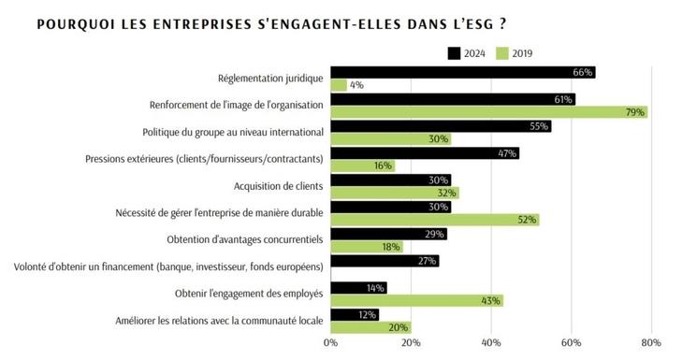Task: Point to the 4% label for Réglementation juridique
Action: [x=356, y=85]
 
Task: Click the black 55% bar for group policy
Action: [x=441, y=126]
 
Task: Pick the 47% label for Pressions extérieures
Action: [x=506, y=152]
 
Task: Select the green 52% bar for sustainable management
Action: [x=434, y=220]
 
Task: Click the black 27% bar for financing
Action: [x=385, y=261]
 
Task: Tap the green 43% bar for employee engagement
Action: [x=416, y=300]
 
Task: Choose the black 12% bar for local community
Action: [x=355, y=314]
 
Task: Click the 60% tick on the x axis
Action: [x=571, y=342]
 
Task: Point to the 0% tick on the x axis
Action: [x=330, y=342]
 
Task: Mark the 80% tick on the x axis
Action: [x=651, y=342]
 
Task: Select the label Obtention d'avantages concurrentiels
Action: [x=245, y=239]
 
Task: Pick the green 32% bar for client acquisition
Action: [x=394, y=194]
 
